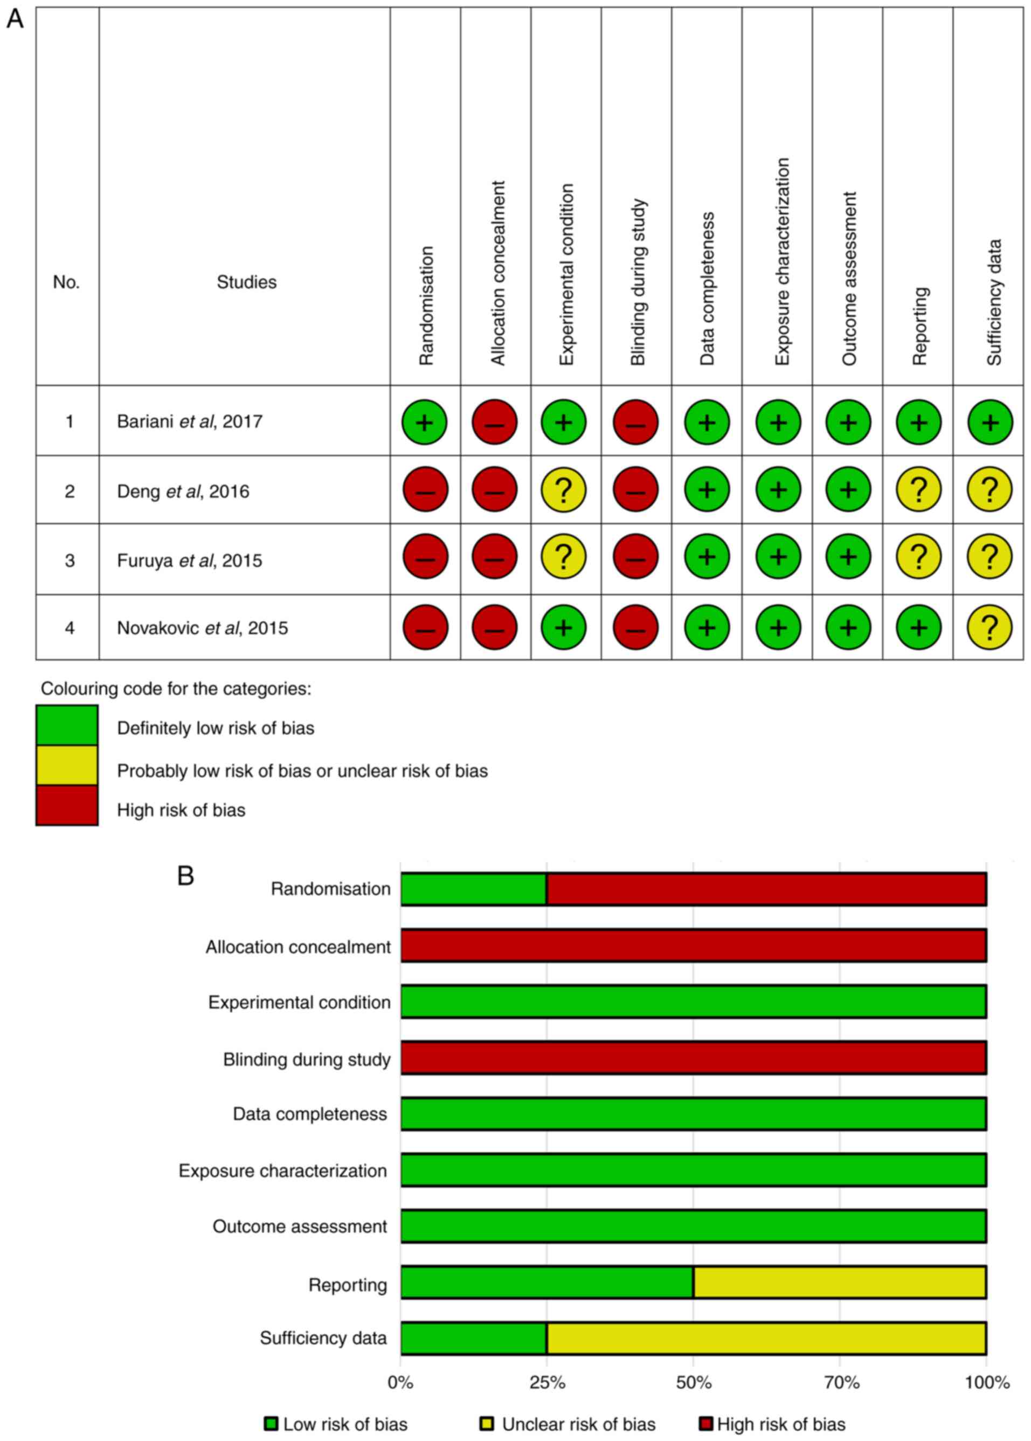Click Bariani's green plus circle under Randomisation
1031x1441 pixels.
[424, 422]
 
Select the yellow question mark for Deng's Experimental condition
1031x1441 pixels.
[563, 490]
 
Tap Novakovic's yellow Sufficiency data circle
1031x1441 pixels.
[989, 627]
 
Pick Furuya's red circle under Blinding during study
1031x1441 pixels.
[635, 557]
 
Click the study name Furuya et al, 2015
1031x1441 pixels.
[189, 560]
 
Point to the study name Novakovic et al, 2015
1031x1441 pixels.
[202, 628]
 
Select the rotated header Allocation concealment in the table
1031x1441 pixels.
[498, 273]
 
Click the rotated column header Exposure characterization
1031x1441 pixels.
[781, 261]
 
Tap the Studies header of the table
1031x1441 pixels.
[246, 282]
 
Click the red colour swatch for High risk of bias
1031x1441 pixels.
[67, 805]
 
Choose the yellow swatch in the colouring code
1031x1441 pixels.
[67, 765]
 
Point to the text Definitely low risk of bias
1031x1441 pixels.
[215, 728]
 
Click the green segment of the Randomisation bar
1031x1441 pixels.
[474, 889]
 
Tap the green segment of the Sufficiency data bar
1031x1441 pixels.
[474, 1338]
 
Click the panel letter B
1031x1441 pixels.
[185, 876]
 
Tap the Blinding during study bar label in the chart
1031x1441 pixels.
[306, 1059]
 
